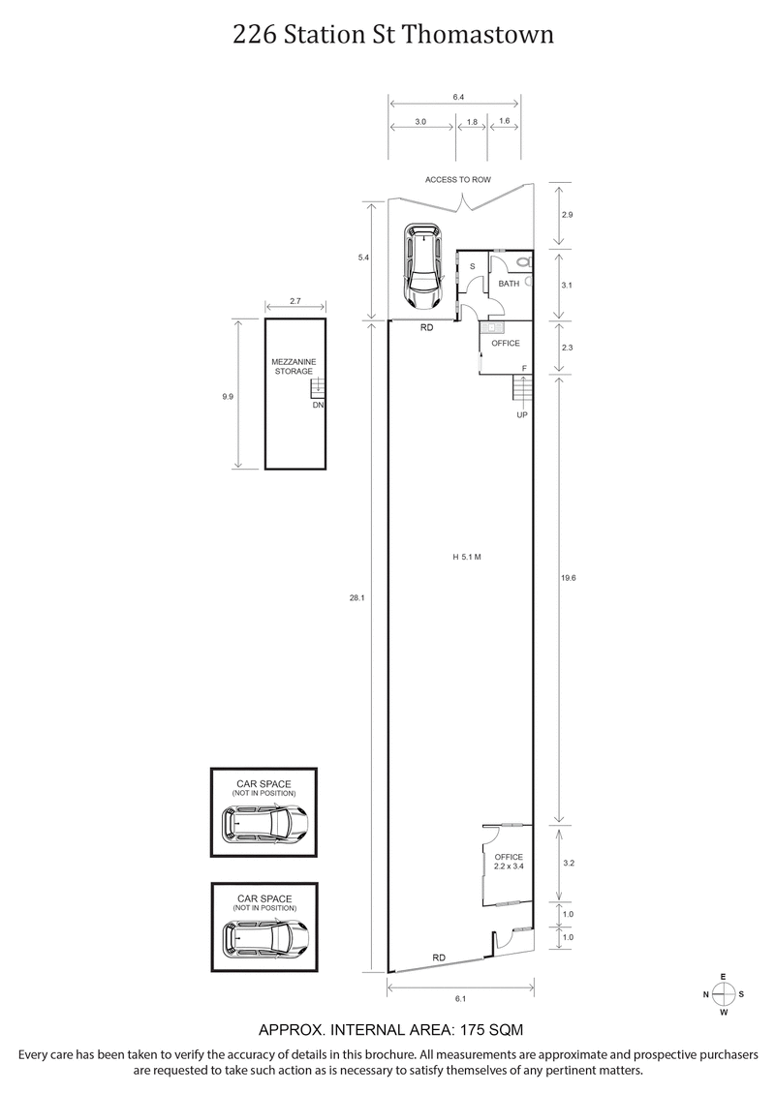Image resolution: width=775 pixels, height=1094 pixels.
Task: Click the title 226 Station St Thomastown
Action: coord(392,35)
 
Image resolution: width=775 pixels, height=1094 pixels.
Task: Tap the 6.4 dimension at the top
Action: coord(458,97)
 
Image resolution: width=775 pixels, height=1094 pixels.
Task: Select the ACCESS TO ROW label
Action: coord(458,180)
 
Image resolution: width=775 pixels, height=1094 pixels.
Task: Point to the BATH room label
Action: coord(509,284)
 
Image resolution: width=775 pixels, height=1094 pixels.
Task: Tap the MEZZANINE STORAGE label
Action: coord(293,366)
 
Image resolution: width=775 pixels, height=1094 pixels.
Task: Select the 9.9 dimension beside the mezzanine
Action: coord(228,395)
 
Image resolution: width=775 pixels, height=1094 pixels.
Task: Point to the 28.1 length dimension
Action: coord(356,598)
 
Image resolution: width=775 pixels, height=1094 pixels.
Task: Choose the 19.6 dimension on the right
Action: coord(569,577)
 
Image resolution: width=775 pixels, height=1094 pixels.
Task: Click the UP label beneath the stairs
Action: coord(522,414)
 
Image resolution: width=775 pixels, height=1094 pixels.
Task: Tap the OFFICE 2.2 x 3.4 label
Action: coord(509,862)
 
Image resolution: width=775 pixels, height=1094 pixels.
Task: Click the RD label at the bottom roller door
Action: coord(439,957)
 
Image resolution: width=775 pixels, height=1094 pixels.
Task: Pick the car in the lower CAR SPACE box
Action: coord(264,937)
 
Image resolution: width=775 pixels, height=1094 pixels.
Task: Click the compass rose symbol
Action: coord(724,994)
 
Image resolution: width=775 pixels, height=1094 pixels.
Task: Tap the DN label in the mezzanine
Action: coord(317,405)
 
